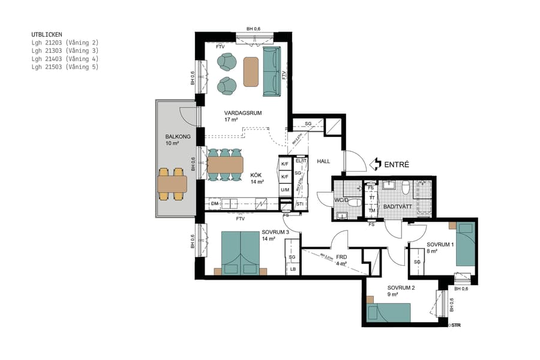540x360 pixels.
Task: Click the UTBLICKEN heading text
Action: click(x=47, y=35)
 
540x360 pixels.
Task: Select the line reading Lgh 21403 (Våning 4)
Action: click(x=65, y=59)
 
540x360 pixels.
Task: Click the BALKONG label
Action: click(x=178, y=137)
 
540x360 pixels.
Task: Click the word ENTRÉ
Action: click(x=397, y=163)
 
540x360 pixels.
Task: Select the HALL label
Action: click(x=323, y=161)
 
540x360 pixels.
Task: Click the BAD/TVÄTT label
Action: click(x=397, y=207)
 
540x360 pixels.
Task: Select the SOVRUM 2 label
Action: click(x=401, y=287)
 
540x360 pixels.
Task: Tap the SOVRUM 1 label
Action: click(x=440, y=245)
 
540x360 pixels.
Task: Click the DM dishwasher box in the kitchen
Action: click(x=214, y=204)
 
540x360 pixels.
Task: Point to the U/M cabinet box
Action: click(x=285, y=190)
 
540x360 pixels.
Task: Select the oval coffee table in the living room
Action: click(x=251, y=71)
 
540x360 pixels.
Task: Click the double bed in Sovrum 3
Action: click(x=241, y=251)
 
